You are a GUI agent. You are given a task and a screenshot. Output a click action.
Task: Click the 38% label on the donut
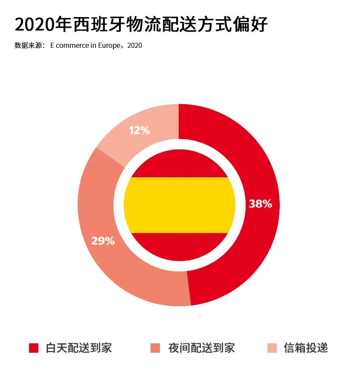click(260, 204)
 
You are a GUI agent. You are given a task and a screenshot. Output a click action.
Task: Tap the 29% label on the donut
click(103, 241)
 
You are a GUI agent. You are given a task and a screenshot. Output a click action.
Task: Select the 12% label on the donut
click(139, 130)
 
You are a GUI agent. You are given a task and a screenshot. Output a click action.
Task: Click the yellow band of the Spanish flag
click(180, 205)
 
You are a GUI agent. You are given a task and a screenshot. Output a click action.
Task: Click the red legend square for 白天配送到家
click(34, 348)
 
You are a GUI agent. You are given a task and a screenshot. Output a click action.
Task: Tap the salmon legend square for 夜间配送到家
click(155, 348)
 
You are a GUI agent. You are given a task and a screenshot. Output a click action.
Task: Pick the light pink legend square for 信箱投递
click(272, 348)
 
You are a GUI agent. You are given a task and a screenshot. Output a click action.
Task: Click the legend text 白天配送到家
click(78, 348)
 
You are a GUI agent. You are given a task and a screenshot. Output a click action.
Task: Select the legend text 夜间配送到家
click(201, 348)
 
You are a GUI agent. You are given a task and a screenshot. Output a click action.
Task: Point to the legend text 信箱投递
click(306, 348)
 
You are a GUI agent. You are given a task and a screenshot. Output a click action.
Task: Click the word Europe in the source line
click(110, 46)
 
